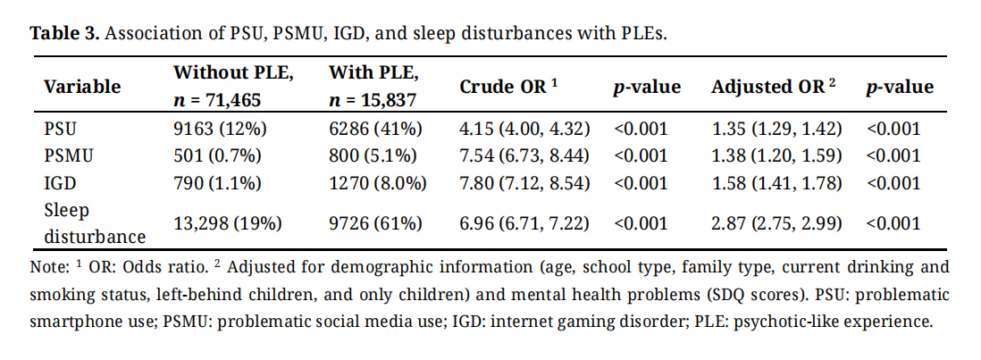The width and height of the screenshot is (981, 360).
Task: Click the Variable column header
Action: tap(82, 87)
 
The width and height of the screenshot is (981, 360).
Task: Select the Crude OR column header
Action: tap(508, 87)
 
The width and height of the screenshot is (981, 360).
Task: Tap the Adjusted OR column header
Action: tap(773, 87)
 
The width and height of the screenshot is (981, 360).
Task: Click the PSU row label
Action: tap(59, 128)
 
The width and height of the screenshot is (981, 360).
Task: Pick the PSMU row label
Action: tap(68, 155)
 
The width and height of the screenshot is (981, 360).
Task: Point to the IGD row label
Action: tap(58, 183)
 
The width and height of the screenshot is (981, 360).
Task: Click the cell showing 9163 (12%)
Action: tap(215, 128)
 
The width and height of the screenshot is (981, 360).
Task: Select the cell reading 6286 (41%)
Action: tap(373, 128)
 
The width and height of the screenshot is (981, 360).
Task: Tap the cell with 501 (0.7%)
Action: tap(217, 155)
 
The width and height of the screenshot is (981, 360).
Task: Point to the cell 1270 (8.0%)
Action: tap(378, 183)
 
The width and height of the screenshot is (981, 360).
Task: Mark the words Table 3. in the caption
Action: tap(65, 34)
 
